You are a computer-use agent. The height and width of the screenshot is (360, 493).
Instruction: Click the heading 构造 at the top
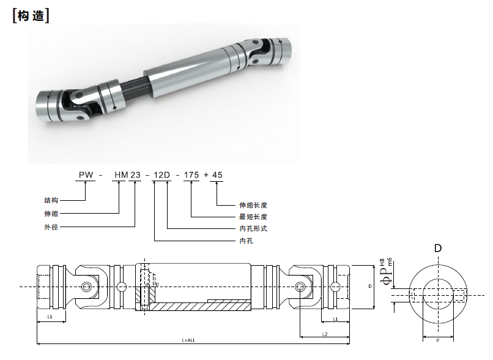pos(31,16)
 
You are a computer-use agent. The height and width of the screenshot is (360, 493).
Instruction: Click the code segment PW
pos(86,175)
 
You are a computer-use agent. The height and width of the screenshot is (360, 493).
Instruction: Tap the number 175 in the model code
pos(191,175)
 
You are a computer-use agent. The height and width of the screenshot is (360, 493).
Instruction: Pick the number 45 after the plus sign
pos(218,175)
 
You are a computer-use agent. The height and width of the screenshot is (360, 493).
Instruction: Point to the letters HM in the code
pos(120,175)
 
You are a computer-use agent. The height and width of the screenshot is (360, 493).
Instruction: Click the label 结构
pos(51,200)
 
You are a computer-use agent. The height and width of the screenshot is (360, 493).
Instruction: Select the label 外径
pos(51,226)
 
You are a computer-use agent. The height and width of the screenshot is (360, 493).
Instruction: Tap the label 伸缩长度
pos(253,205)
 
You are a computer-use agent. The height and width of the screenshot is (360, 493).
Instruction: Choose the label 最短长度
pos(253,217)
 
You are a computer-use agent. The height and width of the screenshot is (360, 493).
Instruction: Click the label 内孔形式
pos(253,228)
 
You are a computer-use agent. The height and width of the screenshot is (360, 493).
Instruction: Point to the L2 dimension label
pos(325,334)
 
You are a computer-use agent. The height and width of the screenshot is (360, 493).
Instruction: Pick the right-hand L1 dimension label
pos(336,319)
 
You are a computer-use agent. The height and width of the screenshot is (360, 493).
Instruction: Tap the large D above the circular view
pos(437,248)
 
